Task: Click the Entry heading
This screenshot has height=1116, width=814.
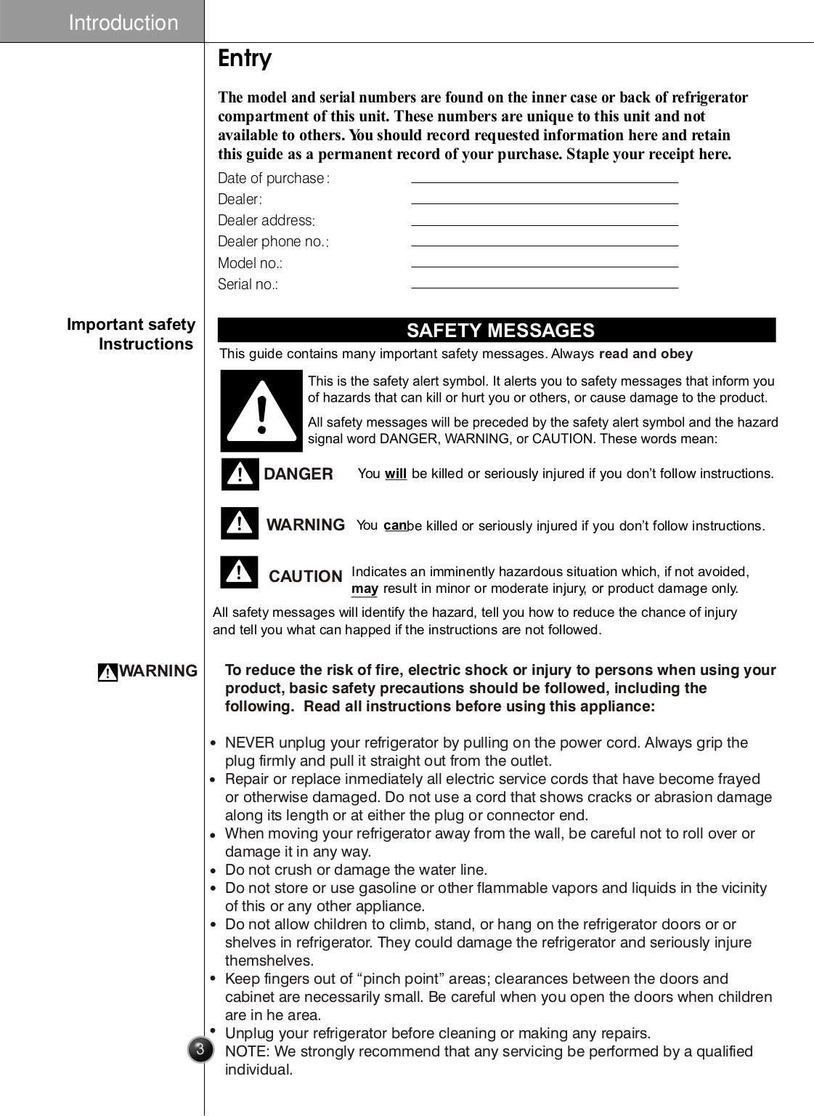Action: [x=245, y=58]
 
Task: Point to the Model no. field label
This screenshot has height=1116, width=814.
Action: [x=250, y=263]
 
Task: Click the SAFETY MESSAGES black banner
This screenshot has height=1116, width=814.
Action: [x=497, y=330]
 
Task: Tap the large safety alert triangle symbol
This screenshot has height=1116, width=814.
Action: [x=261, y=411]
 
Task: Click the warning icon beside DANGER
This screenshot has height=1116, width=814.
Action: [x=240, y=474]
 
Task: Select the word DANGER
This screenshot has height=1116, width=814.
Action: [x=298, y=474]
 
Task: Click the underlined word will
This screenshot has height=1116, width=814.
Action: [x=395, y=474]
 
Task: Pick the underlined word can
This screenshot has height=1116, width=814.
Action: [x=394, y=525]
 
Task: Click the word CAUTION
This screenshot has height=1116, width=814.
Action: [x=305, y=576]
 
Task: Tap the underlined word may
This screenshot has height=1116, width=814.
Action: [x=365, y=589]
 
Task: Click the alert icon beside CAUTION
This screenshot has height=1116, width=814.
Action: [x=239, y=572]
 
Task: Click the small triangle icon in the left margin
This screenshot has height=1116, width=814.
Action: [x=107, y=673]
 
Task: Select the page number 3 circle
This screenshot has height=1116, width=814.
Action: [x=200, y=1049]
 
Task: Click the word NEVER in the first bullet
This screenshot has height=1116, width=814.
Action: [x=249, y=743]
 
